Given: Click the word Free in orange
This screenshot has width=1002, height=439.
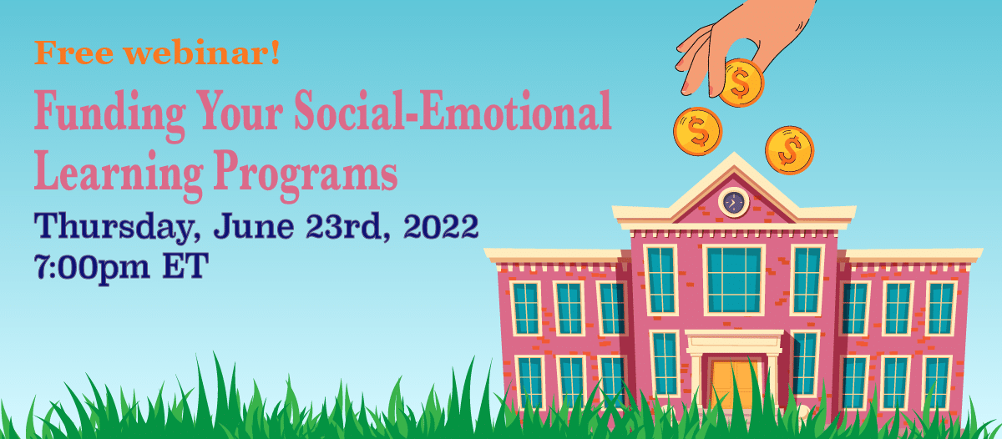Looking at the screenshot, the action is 73,53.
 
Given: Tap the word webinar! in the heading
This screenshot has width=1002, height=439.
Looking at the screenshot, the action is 202,52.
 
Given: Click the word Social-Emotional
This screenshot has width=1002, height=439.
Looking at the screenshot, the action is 453,110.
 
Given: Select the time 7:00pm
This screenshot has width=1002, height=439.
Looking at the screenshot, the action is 92,267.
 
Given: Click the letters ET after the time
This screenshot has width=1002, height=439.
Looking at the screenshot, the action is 185,265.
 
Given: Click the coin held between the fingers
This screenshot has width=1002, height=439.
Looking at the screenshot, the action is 741,83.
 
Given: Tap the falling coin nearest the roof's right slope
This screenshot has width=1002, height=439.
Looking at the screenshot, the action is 790,150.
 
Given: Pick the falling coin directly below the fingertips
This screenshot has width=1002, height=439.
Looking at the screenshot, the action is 698,131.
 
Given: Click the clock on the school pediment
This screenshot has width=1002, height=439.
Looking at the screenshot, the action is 734,203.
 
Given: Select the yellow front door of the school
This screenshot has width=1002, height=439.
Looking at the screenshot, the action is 734,386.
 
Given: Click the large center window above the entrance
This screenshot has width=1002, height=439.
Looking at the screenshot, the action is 734,280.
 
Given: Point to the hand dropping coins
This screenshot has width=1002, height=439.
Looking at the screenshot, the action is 742,40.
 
